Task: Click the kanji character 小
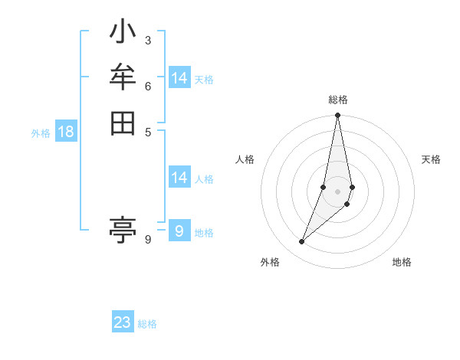coord(123,33)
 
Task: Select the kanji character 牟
coord(123,78)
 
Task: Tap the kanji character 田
coord(123,123)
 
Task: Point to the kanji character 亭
coord(123,229)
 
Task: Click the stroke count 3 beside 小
coord(148,40)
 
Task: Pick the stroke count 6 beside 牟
coord(148,86)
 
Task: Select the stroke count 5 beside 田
coord(148,131)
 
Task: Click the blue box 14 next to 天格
coord(179,78)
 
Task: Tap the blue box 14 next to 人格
coord(179,178)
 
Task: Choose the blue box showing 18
coord(66,132)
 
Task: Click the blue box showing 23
coord(123,322)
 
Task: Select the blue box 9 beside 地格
coord(179,231)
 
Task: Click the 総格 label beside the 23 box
coord(147,324)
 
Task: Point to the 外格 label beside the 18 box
coord(41,133)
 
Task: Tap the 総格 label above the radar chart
coord(338,100)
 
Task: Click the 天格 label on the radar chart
coord(431,159)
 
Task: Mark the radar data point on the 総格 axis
coord(338,116)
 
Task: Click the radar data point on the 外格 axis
coord(302,241)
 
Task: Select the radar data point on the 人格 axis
coord(324,187)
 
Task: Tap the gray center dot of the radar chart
coord(338,191)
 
